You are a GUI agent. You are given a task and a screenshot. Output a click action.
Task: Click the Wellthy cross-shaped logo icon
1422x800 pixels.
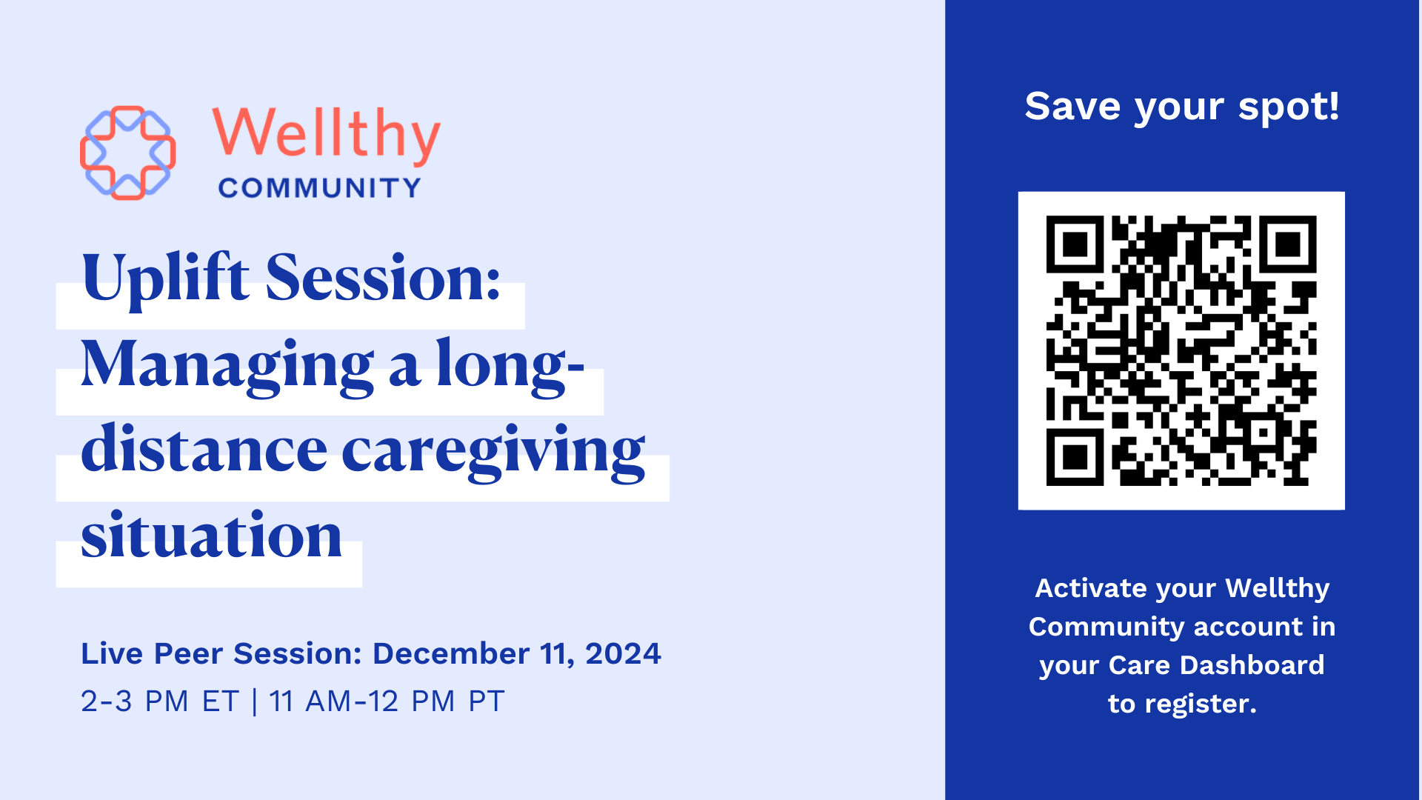(128, 153)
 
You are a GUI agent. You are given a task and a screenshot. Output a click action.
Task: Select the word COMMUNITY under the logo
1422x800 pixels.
(320, 188)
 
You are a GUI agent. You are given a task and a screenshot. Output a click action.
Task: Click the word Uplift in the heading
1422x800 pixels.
(165, 278)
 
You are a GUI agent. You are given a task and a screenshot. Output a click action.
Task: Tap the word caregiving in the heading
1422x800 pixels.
(493, 450)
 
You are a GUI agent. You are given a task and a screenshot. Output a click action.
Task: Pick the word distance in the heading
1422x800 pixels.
(204, 448)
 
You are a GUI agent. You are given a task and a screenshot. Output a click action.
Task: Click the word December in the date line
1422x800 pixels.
(451, 653)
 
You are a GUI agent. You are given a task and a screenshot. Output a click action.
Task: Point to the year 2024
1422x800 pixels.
(623, 653)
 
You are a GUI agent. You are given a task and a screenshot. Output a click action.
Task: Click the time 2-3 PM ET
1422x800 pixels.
(159, 701)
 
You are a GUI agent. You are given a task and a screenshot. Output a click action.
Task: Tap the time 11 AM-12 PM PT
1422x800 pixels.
(387, 701)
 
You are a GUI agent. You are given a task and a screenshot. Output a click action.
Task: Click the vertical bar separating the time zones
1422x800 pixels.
(255, 701)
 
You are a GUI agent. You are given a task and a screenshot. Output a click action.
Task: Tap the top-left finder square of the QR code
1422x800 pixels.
(1075, 244)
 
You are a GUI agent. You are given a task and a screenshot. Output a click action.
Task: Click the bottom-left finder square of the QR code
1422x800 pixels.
(1075, 457)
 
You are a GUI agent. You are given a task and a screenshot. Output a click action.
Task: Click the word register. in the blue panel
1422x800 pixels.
(1201, 704)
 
